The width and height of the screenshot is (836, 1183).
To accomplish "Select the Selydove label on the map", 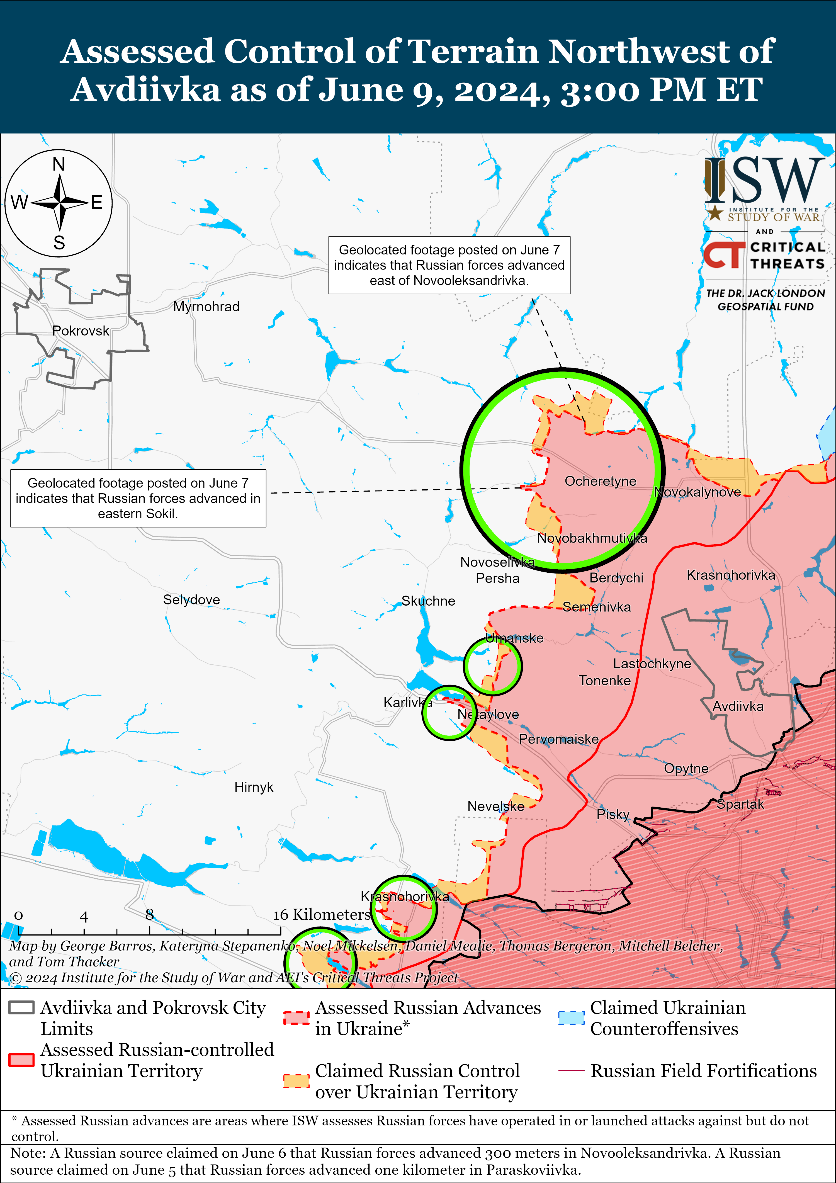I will (x=191, y=600).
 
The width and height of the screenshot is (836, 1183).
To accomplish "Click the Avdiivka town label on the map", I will (x=738, y=706).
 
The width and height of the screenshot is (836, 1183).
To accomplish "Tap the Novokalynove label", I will (x=698, y=492).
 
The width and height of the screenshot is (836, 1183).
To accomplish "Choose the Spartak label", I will (x=740, y=804).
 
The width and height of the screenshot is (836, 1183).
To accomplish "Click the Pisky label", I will (x=613, y=815).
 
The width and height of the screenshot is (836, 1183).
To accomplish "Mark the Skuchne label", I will (x=428, y=601).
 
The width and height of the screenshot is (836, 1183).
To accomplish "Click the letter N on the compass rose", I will (x=59, y=164).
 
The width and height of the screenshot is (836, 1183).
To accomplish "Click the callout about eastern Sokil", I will (x=138, y=498).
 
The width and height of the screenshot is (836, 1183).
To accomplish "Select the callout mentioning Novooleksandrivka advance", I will (x=449, y=265).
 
